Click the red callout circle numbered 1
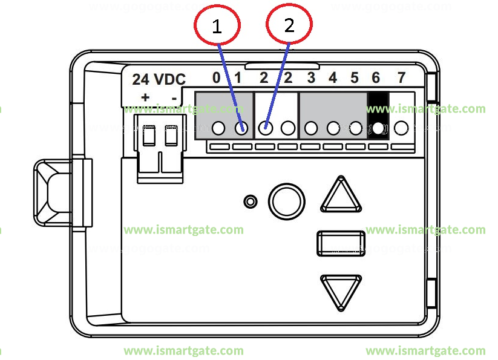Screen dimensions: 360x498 (x=217, y=26)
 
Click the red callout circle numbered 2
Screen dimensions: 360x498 (x=289, y=25)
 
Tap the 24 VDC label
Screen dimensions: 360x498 (x=159, y=79)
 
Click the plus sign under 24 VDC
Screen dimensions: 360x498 (x=145, y=97)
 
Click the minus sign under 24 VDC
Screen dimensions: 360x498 (x=174, y=97)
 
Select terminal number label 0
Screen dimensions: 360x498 (x=216, y=77)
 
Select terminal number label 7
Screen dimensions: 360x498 (x=401, y=77)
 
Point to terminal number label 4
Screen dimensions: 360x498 (x=333, y=77)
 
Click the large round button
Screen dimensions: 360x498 (x=286, y=201)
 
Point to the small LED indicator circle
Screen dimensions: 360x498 (x=249, y=201)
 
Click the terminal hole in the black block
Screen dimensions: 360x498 (x=379, y=128)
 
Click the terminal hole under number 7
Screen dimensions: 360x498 (x=401, y=128)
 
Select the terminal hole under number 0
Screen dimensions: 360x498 (x=219, y=128)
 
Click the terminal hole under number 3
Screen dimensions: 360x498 (x=311, y=128)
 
